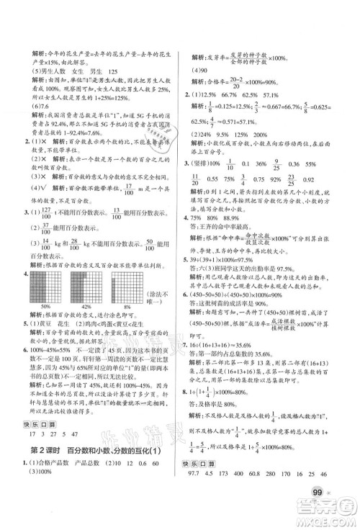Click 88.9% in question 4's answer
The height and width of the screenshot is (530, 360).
click(x=255, y=237)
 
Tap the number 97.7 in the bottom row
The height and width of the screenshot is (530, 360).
click(x=196, y=497)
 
